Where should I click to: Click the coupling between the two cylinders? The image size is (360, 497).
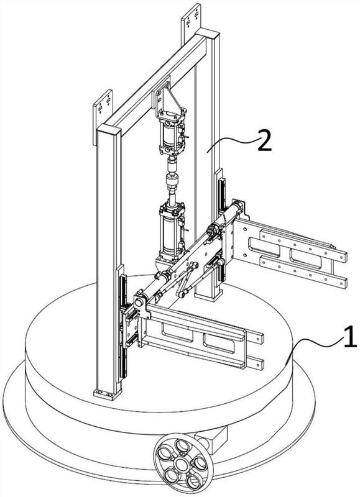(x=172, y=180)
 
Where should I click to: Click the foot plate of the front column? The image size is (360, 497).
(x=108, y=394)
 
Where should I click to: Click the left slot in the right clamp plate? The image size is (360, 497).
(x=264, y=247)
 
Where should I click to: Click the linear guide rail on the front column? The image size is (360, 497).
(x=122, y=327)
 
